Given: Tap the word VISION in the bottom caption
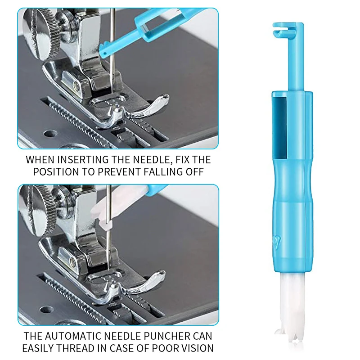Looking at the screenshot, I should point(194,348).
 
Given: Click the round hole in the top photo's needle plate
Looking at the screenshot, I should point(50,133).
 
